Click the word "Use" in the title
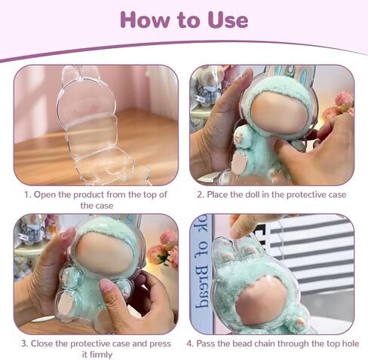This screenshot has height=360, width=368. tap(228, 20)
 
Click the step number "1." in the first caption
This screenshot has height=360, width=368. tap(28, 195)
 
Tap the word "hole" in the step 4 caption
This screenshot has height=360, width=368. tap(350, 343)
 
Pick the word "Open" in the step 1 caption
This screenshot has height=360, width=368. tap(44, 195)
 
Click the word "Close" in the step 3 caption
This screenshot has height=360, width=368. tap(41, 343)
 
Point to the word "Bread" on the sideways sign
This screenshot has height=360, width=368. tap(202, 286)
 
